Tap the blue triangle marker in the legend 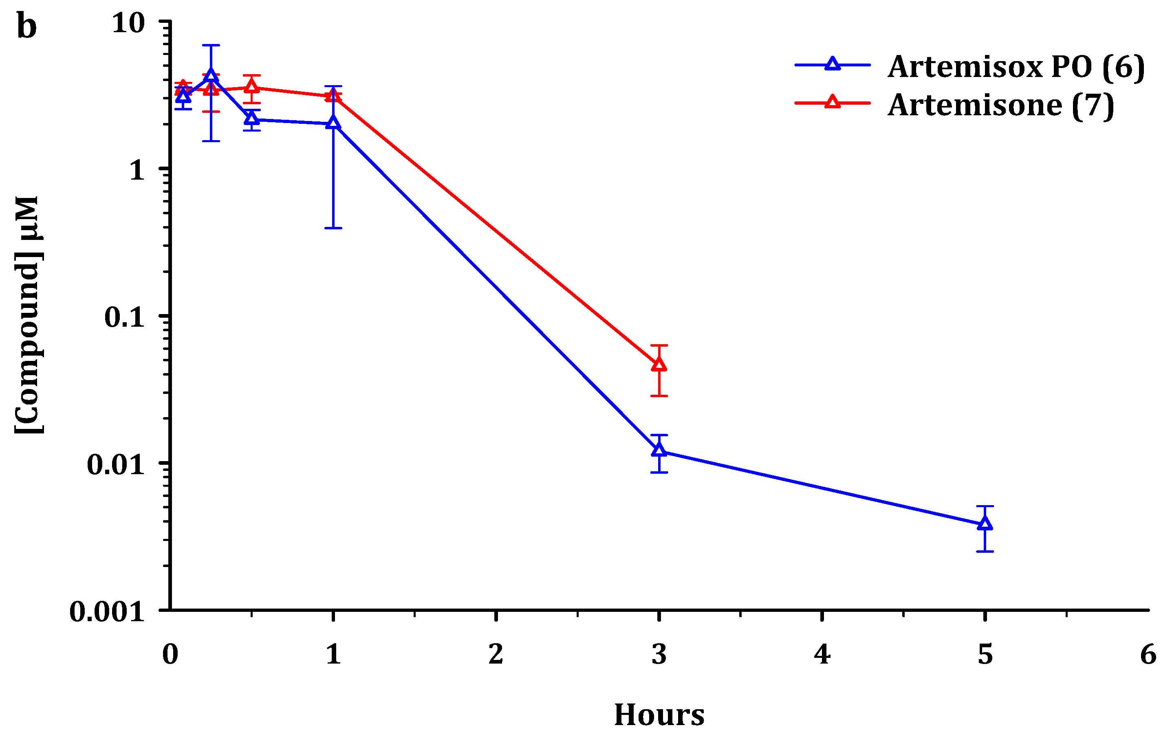[832, 64]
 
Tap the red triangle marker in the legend [832, 102]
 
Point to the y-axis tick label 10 [128, 23]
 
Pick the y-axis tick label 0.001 [107, 612]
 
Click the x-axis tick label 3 [659, 655]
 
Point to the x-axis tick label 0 [170, 655]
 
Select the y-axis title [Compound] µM [27, 315]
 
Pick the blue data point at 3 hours [659, 450]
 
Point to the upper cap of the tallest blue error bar [211, 45]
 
